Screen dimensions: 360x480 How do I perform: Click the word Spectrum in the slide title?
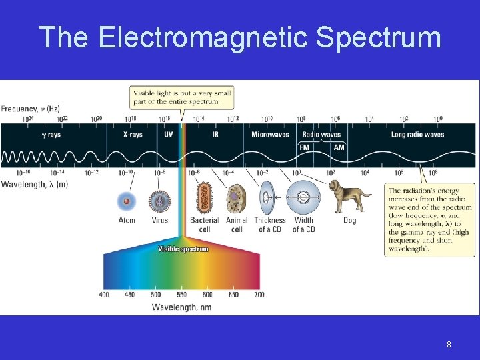tap(378, 37)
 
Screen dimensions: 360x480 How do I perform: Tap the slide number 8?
tap(449, 345)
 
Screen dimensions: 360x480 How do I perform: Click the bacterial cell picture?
tap(205, 198)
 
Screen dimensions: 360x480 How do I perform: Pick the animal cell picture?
tap(236, 199)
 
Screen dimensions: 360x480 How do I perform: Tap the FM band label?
tap(304, 147)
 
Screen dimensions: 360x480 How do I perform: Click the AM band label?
tap(339, 147)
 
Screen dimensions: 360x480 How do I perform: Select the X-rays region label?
tap(133, 135)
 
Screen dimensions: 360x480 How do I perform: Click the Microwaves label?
tap(270, 135)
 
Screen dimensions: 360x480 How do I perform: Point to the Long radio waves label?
tap(417, 135)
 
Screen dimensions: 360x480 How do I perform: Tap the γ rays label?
tap(50, 135)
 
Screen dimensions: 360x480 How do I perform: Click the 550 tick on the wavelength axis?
tap(181, 295)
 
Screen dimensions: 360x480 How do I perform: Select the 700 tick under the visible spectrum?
tap(259, 295)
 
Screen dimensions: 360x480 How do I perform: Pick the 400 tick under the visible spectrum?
tap(104, 295)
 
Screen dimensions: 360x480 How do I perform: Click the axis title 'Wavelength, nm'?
tap(181, 307)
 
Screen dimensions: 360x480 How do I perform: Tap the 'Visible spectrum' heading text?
tap(183, 249)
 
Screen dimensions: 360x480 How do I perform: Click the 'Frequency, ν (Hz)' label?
tap(30, 108)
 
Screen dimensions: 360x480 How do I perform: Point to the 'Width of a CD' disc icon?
tap(303, 198)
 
